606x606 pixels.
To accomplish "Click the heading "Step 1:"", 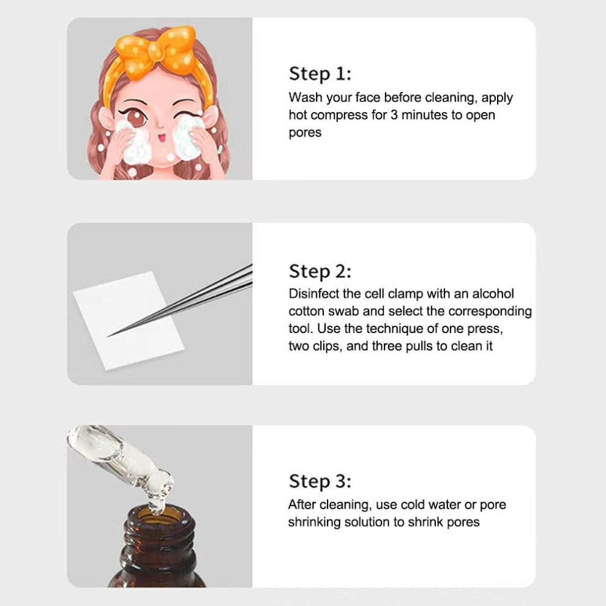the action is click(x=320, y=74).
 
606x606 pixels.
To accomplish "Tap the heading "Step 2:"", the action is click(x=320, y=271).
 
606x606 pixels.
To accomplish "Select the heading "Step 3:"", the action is click(x=320, y=482).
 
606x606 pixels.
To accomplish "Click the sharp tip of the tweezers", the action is click(x=108, y=336).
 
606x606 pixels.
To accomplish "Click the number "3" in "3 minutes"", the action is click(x=394, y=115).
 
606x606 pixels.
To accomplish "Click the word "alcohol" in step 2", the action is click(x=493, y=294).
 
